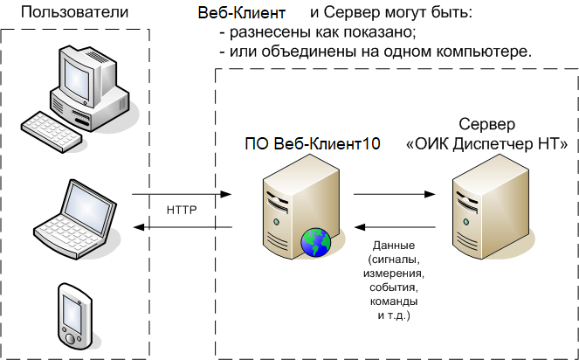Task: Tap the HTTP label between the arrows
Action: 182,211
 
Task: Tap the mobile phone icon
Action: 73,313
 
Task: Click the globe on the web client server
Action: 314,242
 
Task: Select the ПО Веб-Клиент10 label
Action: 312,145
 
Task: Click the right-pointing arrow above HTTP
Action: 181,194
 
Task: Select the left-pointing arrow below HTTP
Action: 181,228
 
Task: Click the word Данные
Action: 393,245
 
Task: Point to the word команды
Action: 393,300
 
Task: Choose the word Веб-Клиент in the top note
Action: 241,15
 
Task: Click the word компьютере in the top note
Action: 487,52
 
